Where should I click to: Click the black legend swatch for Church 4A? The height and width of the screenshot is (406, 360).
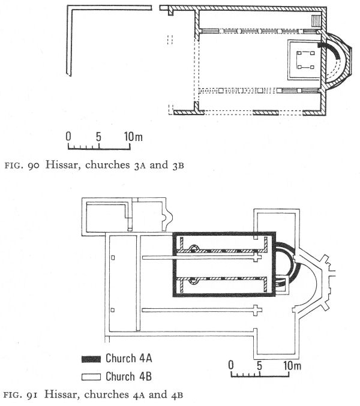(x=91, y=359)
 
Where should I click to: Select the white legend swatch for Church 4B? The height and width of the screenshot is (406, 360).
(x=91, y=377)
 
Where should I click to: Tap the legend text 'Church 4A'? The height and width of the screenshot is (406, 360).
(x=129, y=359)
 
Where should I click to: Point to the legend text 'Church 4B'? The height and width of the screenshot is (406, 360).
(x=128, y=376)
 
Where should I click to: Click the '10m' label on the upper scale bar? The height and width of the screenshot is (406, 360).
(x=133, y=137)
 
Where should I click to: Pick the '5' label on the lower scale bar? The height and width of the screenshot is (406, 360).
(x=259, y=366)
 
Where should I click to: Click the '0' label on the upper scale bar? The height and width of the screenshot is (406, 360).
(x=68, y=136)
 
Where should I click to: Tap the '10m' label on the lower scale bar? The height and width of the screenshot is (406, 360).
(x=292, y=366)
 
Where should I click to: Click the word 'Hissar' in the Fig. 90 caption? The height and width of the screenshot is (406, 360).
(x=61, y=165)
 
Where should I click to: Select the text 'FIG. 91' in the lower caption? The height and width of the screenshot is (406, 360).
(x=21, y=395)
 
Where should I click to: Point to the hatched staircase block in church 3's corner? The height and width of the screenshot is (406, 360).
(x=316, y=20)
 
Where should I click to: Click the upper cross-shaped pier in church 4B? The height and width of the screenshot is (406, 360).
(x=256, y=257)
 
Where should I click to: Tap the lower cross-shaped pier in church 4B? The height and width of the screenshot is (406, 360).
(x=256, y=310)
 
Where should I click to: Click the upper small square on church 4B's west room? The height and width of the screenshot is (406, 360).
(x=113, y=258)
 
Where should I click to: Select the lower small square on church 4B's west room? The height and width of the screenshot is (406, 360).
(x=113, y=310)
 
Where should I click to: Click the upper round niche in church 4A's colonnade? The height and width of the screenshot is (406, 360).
(x=194, y=248)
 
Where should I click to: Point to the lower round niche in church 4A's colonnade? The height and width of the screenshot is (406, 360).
(x=193, y=281)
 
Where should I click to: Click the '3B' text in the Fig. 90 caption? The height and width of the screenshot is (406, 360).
(x=178, y=165)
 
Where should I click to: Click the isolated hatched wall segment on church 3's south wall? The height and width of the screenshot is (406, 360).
(x=265, y=113)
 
